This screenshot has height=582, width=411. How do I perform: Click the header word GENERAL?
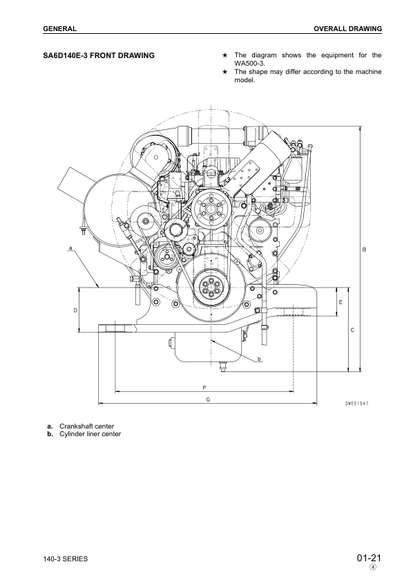[59, 29]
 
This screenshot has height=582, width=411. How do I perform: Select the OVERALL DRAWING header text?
[347, 29]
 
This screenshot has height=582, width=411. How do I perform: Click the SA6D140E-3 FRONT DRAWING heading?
[98, 54]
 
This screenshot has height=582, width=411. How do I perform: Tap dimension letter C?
[352, 330]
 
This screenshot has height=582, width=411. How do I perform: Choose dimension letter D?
[75, 310]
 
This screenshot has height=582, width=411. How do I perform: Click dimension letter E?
[341, 302]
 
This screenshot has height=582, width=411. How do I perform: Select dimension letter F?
[205, 386]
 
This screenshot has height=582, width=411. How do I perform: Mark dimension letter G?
[208, 398]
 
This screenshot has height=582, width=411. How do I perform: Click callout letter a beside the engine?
[70, 247]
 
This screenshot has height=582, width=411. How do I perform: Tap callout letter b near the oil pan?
[258, 359]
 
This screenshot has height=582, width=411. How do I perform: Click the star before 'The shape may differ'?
[225, 71]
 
